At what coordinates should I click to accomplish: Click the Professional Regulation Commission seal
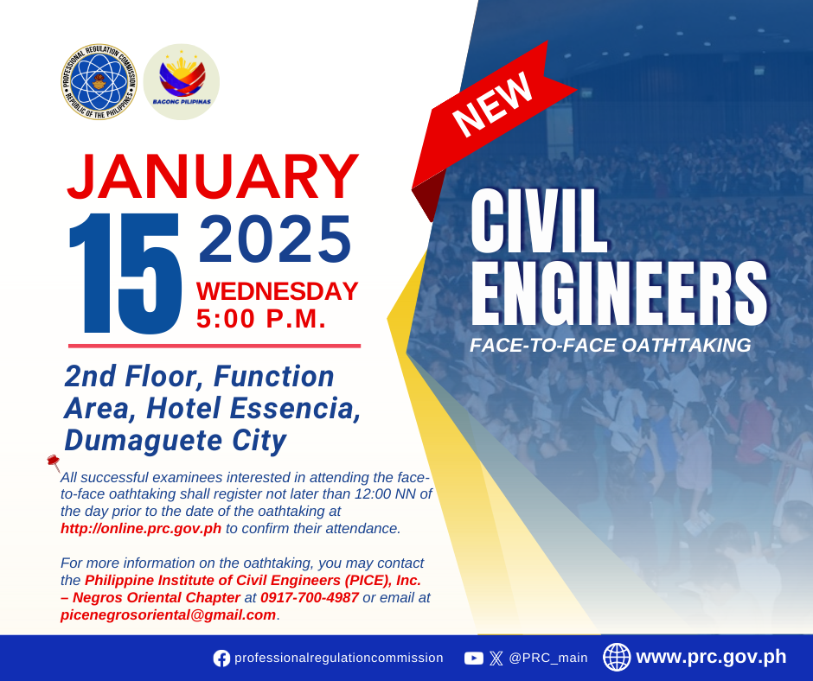(99, 82)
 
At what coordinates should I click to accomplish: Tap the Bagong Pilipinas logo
(182, 82)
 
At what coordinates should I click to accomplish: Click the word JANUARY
(213, 176)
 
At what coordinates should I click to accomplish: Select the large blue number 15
(125, 273)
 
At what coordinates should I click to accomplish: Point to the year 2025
(275, 239)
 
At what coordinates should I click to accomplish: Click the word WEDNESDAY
(278, 291)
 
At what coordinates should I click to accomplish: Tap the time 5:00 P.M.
(261, 319)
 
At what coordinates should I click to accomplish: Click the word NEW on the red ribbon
(493, 104)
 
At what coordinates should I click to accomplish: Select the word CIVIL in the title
(539, 221)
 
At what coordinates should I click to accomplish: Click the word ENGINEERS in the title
(619, 293)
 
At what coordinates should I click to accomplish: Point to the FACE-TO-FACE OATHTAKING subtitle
(611, 345)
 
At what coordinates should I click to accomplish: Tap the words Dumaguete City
(176, 441)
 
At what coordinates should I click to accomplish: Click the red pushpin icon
(54, 461)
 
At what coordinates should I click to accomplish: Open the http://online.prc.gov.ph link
(141, 529)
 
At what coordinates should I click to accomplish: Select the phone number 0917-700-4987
(310, 597)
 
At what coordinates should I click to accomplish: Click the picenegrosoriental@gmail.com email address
(168, 615)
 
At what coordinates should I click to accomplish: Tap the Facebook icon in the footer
(221, 659)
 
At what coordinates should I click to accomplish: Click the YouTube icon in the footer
(473, 659)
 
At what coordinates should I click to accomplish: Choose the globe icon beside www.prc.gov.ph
(617, 657)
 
